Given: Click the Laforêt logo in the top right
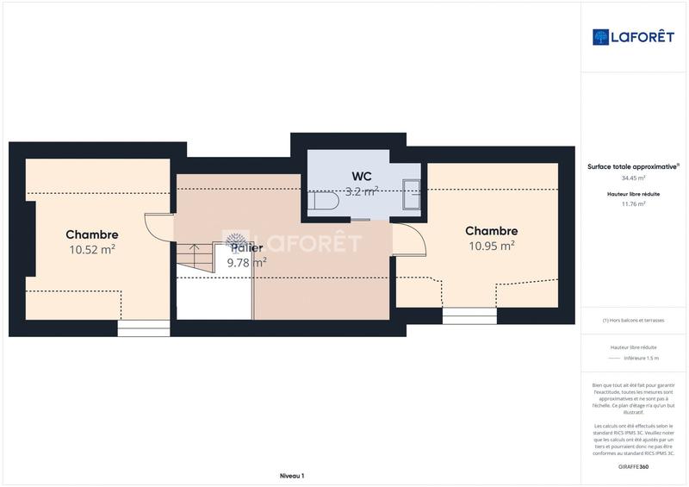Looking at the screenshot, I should [633, 37].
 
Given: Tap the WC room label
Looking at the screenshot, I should [362, 176].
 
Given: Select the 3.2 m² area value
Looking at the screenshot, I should [362, 191].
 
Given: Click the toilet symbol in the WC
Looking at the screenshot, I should [323, 201].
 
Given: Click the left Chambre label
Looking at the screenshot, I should [92, 234].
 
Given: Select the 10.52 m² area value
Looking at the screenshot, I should [92, 250].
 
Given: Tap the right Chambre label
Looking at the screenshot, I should [491, 231].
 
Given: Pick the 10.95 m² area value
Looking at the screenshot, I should [491, 246].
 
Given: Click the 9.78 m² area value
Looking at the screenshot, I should [246, 263].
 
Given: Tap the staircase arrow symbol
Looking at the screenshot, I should [194, 256].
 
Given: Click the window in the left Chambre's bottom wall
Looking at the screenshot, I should [144, 328].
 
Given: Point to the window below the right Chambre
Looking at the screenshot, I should [469, 315].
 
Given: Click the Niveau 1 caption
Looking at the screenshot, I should [292, 476].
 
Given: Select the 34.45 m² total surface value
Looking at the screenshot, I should [634, 178].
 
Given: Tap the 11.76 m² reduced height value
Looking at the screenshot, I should [634, 204].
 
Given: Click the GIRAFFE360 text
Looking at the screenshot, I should [633, 466].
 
